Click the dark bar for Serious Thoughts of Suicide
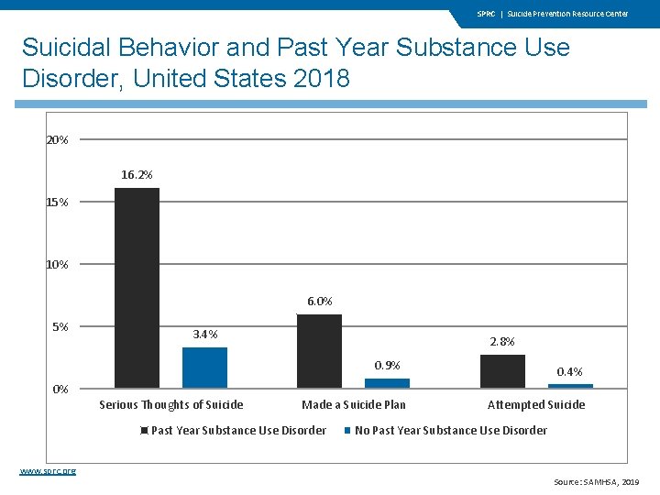click(137, 288)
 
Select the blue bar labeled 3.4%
click(204, 368)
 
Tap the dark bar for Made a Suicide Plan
click(319, 351)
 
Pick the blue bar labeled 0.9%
click(387, 383)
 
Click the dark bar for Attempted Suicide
click(502, 371)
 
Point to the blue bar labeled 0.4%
click(570, 386)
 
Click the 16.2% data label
click(137, 174)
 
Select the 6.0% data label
click(319, 301)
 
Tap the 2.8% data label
click(502, 341)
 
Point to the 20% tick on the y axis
click(57, 140)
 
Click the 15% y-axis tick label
click(57, 203)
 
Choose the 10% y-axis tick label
click(57, 265)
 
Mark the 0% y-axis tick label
click(60, 389)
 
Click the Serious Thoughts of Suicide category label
click(171, 404)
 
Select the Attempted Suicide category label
click(536, 404)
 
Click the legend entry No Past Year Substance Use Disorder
click(450, 430)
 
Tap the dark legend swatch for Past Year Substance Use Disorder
click(145, 431)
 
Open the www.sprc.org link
click(48, 470)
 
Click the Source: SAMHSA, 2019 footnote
click(596, 482)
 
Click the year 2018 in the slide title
click(322, 78)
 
